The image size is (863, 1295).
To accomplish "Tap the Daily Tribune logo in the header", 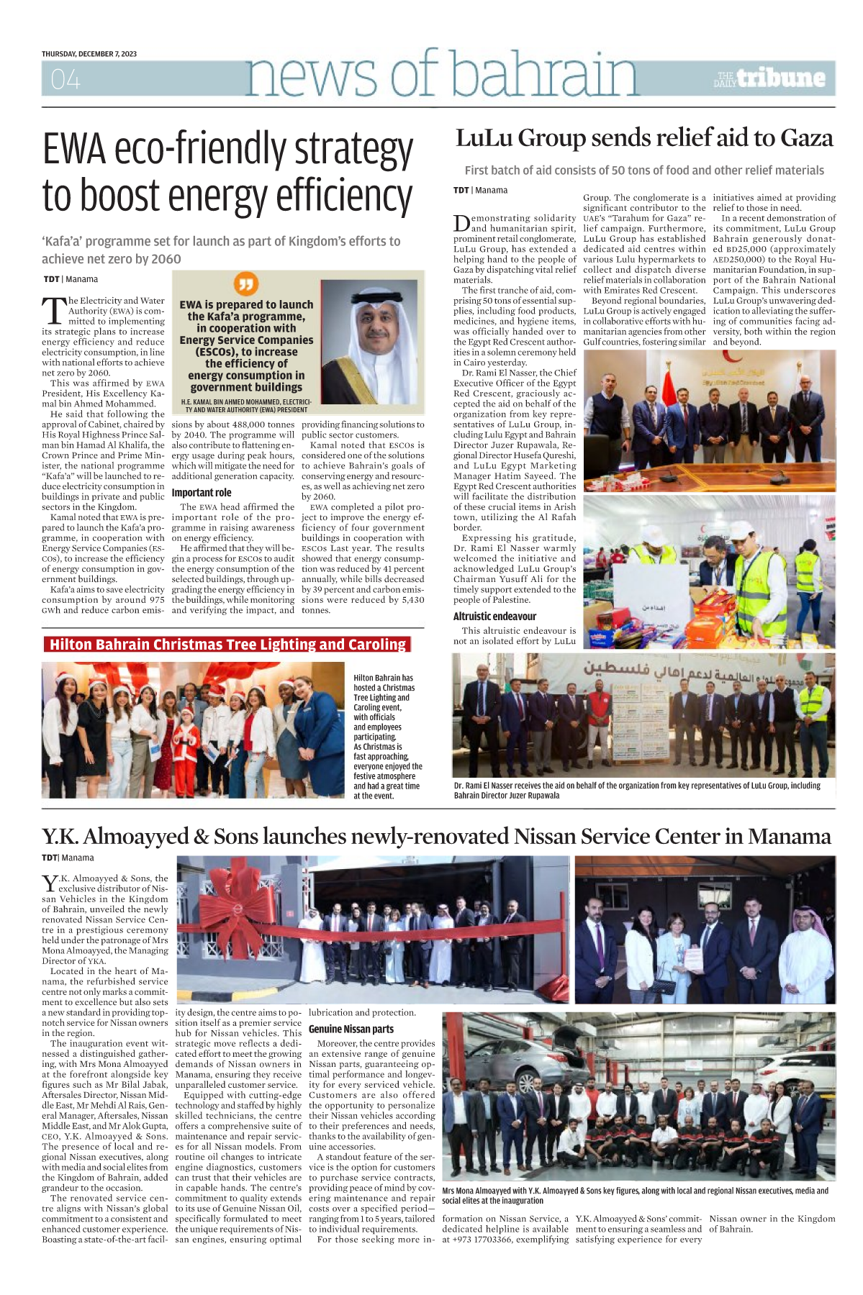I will [769, 78].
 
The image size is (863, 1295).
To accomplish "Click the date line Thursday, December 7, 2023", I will [89, 54].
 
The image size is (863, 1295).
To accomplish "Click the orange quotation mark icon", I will [246, 283].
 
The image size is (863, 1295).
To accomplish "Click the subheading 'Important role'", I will [202, 493].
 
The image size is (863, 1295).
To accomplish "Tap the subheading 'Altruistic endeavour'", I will [494, 617].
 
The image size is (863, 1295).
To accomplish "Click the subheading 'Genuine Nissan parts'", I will [351, 1030].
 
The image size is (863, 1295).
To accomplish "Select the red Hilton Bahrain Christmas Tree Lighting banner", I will [227, 645].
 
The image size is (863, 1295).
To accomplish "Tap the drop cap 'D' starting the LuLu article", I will [461, 224].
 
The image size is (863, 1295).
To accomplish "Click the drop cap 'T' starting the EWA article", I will [54, 310].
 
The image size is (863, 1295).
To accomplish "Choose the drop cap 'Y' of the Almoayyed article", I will [49, 883].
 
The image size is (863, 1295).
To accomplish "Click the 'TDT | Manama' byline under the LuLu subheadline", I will [480, 191].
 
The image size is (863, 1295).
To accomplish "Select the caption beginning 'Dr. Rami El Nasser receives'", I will [637, 790].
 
